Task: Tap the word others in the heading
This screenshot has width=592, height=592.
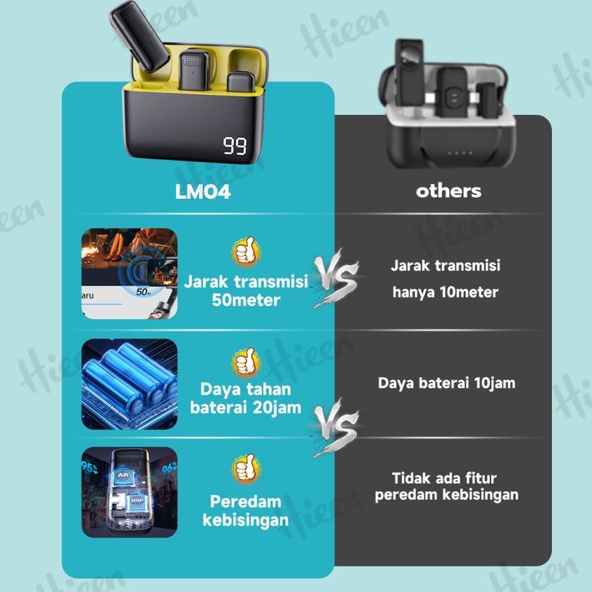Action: pyautogui.click(x=448, y=191)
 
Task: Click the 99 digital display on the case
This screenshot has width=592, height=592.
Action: pyautogui.click(x=235, y=147)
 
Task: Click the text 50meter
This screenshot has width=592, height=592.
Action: pyautogui.click(x=245, y=300)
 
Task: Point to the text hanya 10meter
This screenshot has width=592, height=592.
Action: pyautogui.click(x=445, y=293)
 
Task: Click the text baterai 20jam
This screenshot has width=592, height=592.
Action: pyautogui.click(x=245, y=408)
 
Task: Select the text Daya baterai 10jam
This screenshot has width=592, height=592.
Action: pyautogui.click(x=446, y=382)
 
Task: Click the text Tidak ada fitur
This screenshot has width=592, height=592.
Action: pyautogui.click(x=444, y=478)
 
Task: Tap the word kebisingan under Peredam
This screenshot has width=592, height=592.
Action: pyautogui.click(x=245, y=519)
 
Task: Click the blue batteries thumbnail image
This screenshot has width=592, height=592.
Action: pyautogui.click(x=129, y=384)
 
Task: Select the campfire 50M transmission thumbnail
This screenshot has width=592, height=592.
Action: pyautogui.click(x=129, y=273)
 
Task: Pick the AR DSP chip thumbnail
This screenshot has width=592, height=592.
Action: pyautogui.click(x=129, y=491)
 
